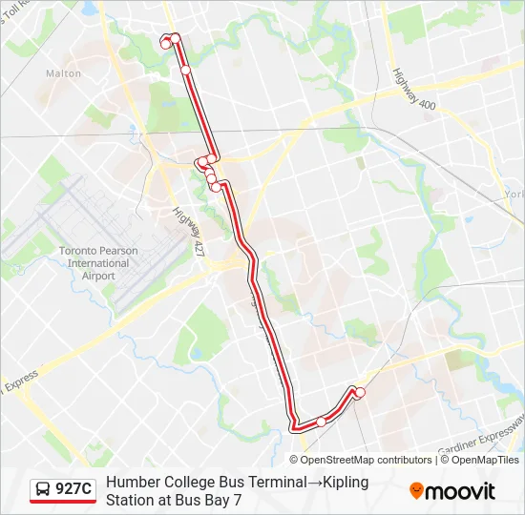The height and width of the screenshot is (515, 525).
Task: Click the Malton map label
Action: [63, 72]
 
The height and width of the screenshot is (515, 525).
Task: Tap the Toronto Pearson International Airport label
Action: [98, 263]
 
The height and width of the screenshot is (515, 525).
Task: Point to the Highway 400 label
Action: [413, 90]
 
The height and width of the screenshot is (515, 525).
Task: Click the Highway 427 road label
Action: [189, 234]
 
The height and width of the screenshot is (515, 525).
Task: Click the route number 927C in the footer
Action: [73, 489]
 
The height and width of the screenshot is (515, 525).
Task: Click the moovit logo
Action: [452, 491]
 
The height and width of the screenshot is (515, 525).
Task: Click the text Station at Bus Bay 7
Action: [174, 500]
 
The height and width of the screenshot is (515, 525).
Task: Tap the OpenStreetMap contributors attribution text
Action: [353, 460]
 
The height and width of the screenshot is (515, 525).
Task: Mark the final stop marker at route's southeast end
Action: [360, 392]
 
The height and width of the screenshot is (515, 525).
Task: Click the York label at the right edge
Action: [515, 195]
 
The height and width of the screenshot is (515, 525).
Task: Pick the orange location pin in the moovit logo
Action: [416, 491]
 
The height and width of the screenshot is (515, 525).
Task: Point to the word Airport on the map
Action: [98, 277]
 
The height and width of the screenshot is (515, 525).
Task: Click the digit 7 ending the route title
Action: [238, 500]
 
